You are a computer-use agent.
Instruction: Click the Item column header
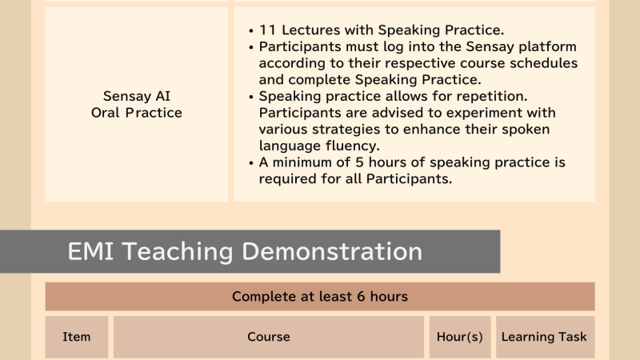click(76, 337)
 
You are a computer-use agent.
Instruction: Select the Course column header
click(269, 337)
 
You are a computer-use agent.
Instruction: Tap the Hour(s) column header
click(459, 337)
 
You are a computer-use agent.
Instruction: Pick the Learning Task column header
click(544, 337)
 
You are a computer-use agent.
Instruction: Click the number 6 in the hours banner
click(361, 296)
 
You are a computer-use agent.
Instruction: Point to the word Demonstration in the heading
click(332, 251)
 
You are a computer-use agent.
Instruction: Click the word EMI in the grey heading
click(90, 251)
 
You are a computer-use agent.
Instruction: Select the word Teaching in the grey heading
click(178, 252)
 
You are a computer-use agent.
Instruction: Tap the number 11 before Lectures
click(268, 30)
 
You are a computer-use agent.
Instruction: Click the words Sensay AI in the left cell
click(137, 96)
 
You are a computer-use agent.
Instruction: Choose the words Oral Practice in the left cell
click(137, 113)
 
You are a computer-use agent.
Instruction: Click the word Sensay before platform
click(490, 47)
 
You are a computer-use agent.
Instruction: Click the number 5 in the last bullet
click(359, 162)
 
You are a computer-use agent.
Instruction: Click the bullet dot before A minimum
click(251, 163)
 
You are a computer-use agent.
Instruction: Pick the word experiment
click(445, 113)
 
